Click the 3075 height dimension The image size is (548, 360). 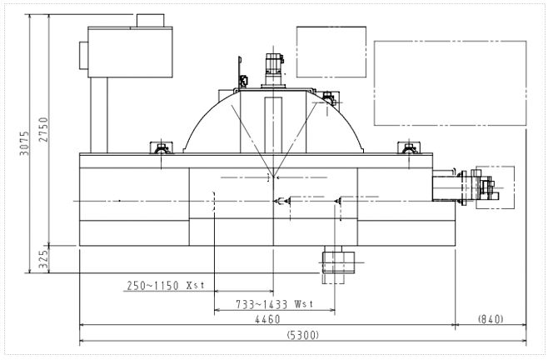point(24,143)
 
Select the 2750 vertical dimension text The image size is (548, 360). point(43,129)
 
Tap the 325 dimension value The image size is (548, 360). point(43,259)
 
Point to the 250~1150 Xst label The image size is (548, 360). point(165,286)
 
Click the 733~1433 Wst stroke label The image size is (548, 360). point(275,304)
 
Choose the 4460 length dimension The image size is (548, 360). point(267,319)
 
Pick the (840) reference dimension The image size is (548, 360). point(491,318)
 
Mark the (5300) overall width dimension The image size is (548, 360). point(302,335)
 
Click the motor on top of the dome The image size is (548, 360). point(274,69)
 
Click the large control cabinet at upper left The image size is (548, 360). point(130,52)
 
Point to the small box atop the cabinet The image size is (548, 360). point(150,21)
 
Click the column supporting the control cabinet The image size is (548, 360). point(99,115)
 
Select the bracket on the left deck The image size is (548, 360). point(161,147)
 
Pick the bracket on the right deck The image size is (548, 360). point(409,147)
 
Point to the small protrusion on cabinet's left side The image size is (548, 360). point(83,55)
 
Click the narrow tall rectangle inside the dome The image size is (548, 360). point(273,125)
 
